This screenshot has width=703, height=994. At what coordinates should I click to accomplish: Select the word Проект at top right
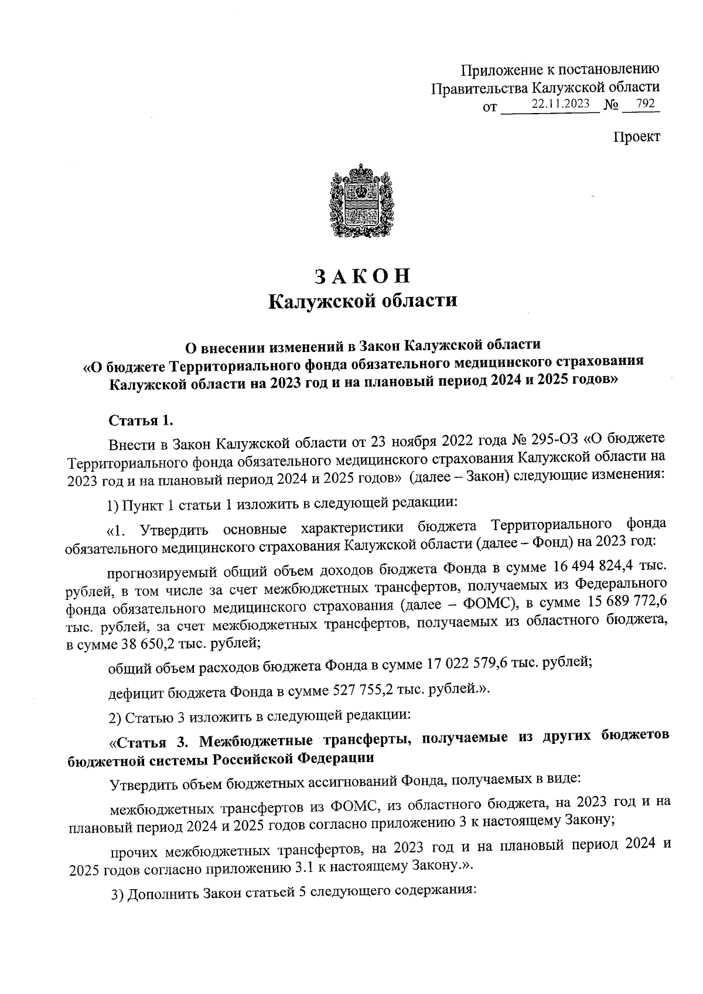pos(637,137)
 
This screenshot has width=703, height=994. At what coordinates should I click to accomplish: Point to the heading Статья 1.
pos(141,421)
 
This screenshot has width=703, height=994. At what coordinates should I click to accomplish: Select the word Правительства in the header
pos(479,88)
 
